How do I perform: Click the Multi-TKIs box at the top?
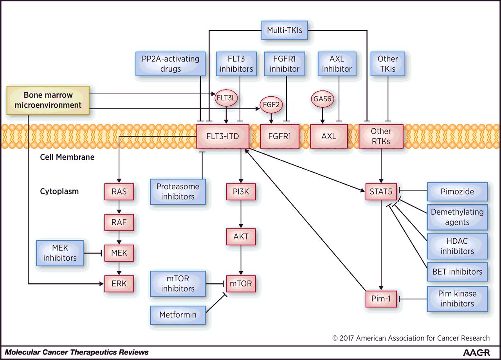pyautogui.click(x=285, y=30)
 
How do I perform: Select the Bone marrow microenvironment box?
pyautogui.click(x=48, y=100)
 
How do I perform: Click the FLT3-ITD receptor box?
pyautogui.click(x=223, y=137)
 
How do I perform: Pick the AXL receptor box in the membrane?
pyautogui.click(x=329, y=137)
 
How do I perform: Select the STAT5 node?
pyautogui.click(x=381, y=192)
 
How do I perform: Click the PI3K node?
pyautogui.click(x=241, y=192)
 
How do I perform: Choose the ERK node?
pyautogui.click(x=119, y=283)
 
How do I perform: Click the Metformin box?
pyautogui.click(x=178, y=315)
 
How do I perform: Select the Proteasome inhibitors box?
pyautogui.click(x=178, y=192)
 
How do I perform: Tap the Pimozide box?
pyautogui.click(x=457, y=192)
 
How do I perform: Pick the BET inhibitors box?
pyautogui.click(x=457, y=272)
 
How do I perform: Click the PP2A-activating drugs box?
pyautogui.click(x=171, y=64)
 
